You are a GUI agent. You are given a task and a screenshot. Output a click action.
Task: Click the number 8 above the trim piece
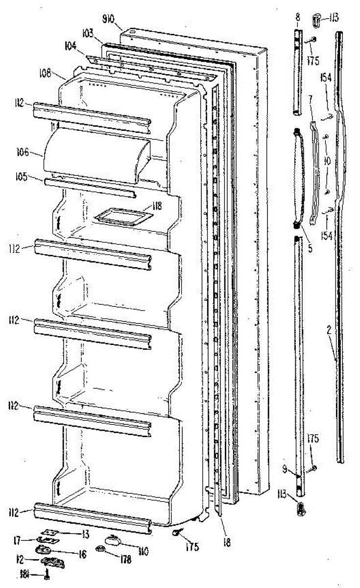point(296,17)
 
